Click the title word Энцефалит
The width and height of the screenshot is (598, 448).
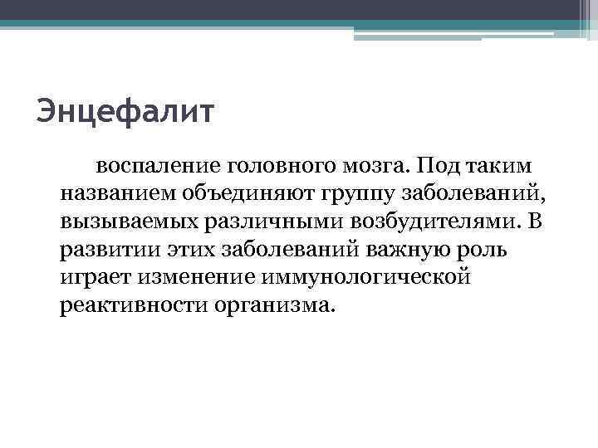coord(125,110)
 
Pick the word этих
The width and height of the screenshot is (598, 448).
coord(173,250)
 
